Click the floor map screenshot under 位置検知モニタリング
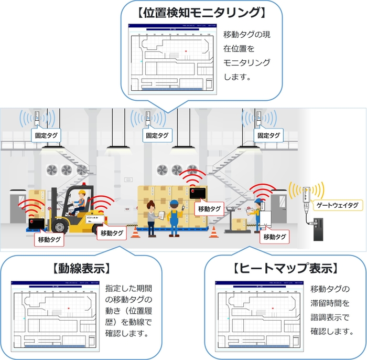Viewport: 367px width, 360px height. tap(171, 58)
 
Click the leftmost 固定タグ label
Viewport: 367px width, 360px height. tap(46, 135)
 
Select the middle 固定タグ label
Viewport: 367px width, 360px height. tap(158, 135)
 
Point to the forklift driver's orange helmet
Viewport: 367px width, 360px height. tap(81, 194)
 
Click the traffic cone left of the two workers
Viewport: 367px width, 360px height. tap(136, 231)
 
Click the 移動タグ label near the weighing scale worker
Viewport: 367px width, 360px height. tap(275, 237)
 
